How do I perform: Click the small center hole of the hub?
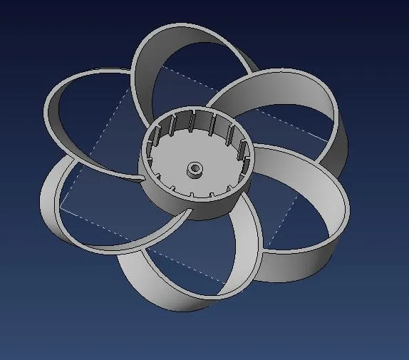(195, 170)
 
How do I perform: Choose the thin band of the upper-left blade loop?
(53, 107)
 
